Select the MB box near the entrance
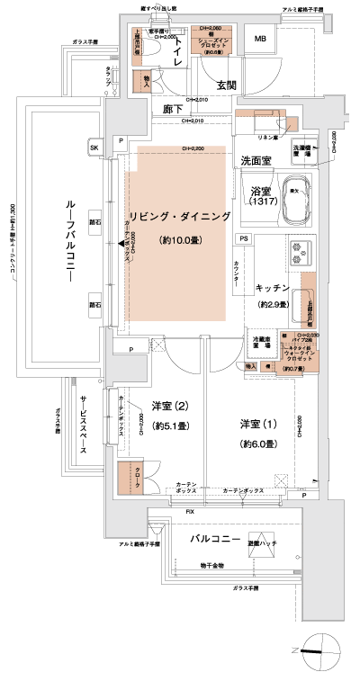(260, 39)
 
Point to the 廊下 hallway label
(175, 109)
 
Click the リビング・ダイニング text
(180, 217)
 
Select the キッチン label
(272, 288)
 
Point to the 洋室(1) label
(256, 423)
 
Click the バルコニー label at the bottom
(213, 540)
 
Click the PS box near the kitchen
(243, 237)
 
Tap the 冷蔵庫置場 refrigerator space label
(260, 345)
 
